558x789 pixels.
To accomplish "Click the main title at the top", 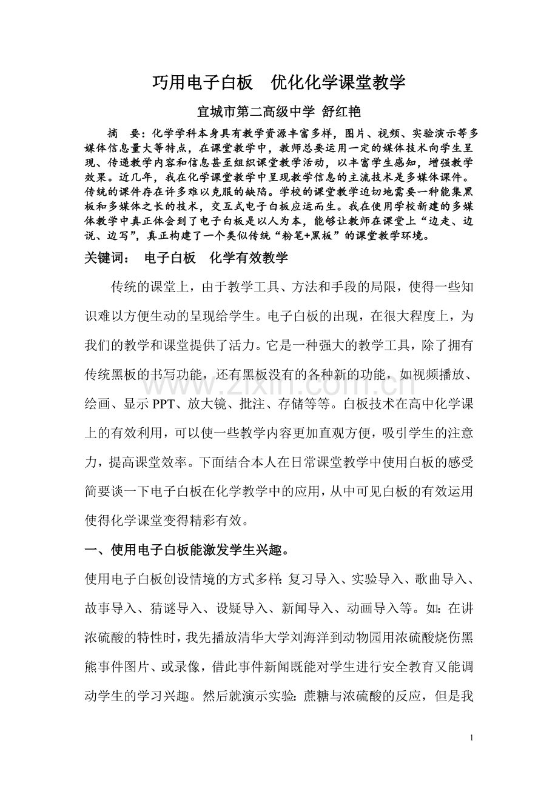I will coord(278,82).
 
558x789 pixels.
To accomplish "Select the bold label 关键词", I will coord(106,258).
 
